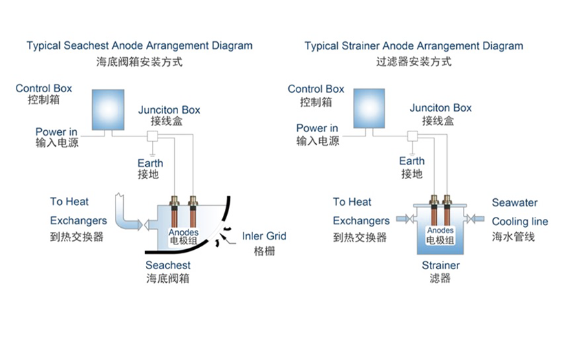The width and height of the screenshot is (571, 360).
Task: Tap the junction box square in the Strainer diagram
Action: (413, 136)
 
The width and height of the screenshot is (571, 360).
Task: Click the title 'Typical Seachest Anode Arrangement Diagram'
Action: (140, 46)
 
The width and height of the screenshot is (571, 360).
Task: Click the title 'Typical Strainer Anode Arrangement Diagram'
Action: (413, 46)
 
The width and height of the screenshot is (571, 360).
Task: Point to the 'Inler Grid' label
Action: (264, 237)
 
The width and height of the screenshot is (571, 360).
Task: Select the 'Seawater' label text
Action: (515, 203)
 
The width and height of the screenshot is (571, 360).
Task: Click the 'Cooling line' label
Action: (519, 222)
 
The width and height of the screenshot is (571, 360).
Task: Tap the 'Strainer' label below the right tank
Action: (440, 265)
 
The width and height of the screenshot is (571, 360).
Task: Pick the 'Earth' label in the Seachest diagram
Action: (151, 162)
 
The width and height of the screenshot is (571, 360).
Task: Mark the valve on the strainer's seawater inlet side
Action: (469, 219)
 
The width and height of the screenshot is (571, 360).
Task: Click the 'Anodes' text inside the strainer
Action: (440, 231)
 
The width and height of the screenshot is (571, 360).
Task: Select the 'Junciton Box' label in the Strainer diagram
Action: (440, 108)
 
